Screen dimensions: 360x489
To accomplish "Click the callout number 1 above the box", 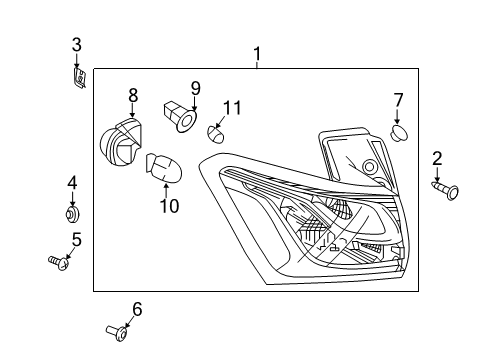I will coord(257,53).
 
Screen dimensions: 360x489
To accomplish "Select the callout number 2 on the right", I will coord(437,159).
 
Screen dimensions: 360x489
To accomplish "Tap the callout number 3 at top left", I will coord(76,44).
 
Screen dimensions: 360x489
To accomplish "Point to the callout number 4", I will coord(72,183).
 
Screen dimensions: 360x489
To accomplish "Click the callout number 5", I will coord(76,240).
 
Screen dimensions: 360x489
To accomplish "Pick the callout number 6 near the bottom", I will coord(137,309).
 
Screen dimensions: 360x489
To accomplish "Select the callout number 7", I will coord(398,100).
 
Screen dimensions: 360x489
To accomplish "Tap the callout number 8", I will coord(132,96).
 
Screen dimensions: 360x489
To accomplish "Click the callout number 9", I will coord(196,87).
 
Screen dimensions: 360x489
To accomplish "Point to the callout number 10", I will coord(168,206).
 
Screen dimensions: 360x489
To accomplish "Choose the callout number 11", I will coord(232,108).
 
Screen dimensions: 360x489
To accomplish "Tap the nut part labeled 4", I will coord(72,213).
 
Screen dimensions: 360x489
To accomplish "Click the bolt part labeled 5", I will coord(59,262).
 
